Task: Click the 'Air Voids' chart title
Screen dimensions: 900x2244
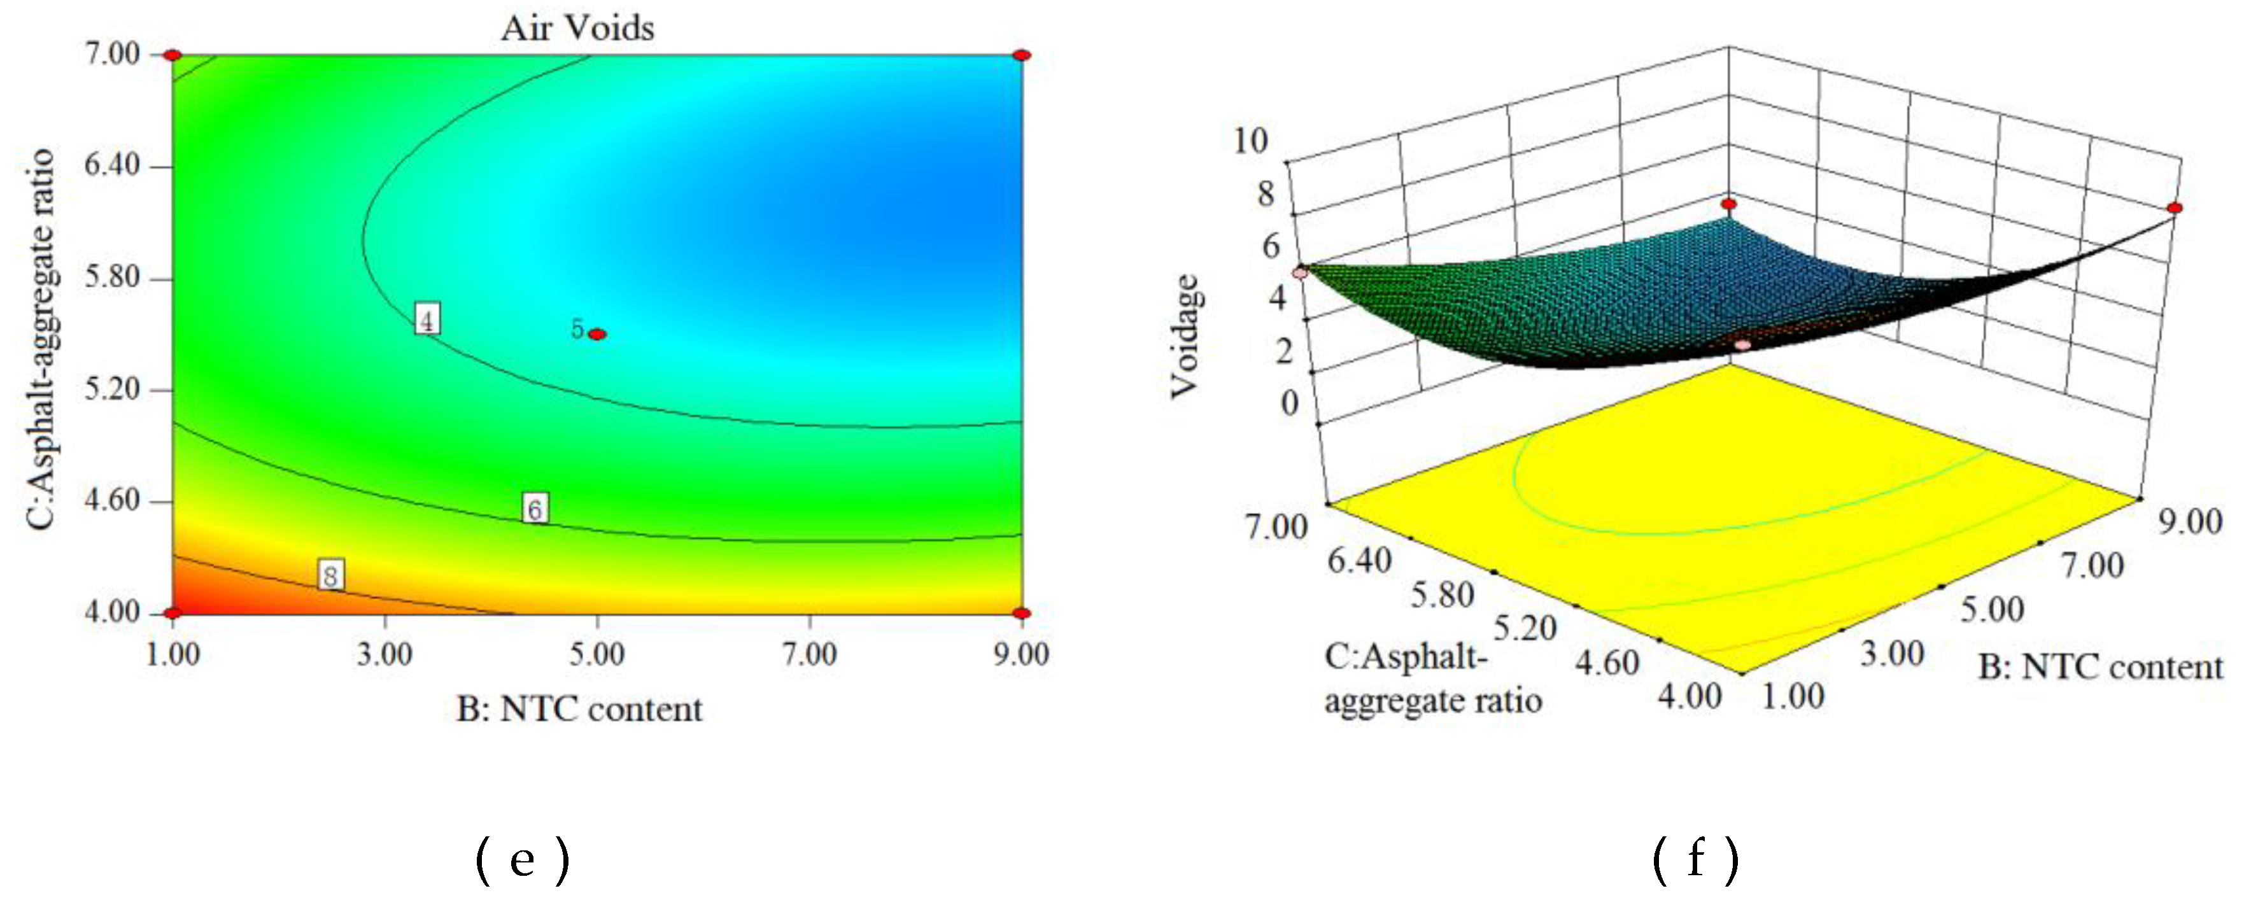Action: click(577, 29)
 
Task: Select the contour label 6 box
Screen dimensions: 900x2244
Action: click(535, 508)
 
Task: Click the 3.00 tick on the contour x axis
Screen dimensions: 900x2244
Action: click(384, 654)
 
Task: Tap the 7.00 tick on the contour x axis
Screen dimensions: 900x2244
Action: click(809, 654)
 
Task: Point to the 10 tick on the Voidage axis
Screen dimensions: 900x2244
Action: click(1251, 140)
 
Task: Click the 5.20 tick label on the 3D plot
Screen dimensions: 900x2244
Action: click(1525, 628)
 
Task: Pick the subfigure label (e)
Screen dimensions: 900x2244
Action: click(523, 861)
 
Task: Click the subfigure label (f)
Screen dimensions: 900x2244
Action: click(1695, 861)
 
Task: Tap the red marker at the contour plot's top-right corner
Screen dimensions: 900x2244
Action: click(1022, 55)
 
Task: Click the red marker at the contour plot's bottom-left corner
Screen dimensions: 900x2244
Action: click(173, 614)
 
